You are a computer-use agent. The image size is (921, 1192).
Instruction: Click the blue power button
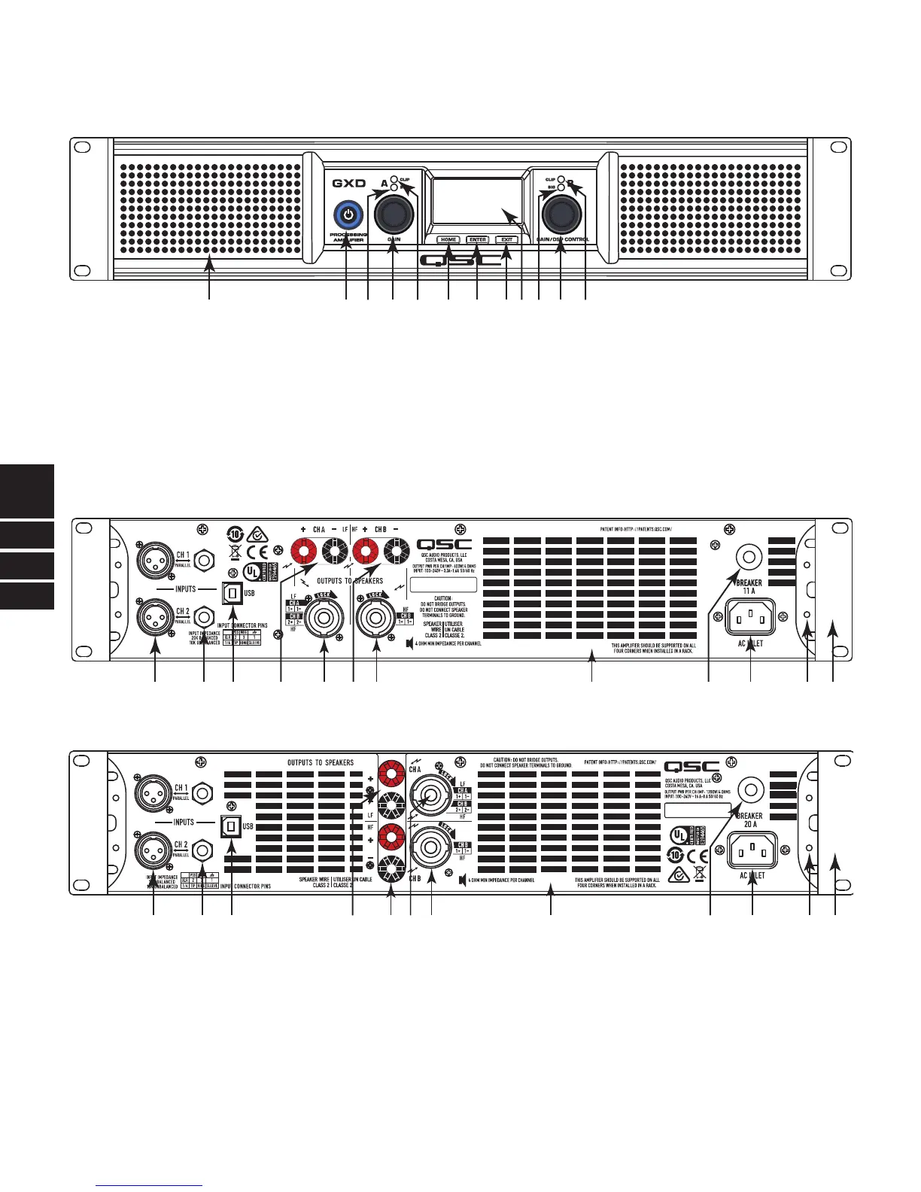coord(346,215)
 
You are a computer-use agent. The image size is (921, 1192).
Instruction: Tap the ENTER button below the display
coord(477,240)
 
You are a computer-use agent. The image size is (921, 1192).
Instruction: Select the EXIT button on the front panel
coord(507,240)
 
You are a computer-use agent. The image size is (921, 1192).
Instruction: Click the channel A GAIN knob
coord(393,215)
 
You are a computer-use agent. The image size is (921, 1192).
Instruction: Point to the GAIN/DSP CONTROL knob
coord(561,216)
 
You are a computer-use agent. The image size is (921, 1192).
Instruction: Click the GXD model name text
coord(349,183)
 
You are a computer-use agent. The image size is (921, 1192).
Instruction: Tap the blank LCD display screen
coord(476,202)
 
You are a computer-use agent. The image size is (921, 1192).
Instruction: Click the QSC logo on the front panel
coord(460,261)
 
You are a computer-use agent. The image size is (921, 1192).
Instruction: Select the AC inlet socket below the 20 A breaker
coord(752,849)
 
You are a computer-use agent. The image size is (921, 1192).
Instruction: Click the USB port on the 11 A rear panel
coord(232,593)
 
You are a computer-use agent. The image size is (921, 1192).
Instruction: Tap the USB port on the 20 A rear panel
coord(230,825)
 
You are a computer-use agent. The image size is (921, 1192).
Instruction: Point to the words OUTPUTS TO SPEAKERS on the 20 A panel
coord(321,763)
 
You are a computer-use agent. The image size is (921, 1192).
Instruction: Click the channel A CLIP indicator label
coord(404,179)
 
